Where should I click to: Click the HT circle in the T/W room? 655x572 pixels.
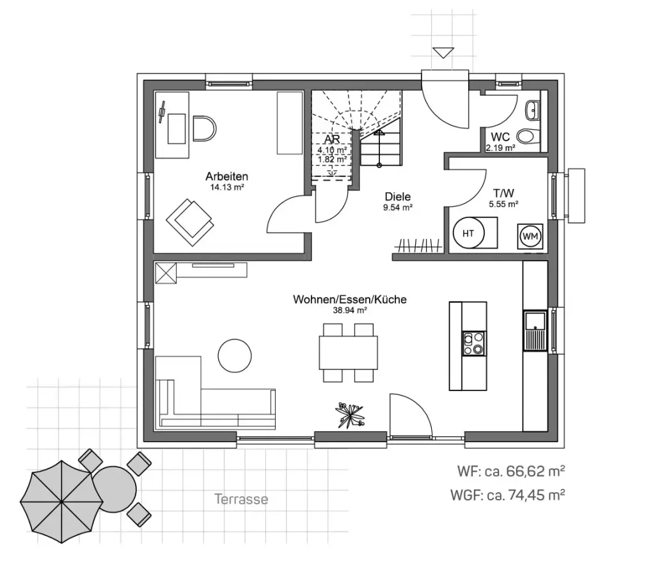468,234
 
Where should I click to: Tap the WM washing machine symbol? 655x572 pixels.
530,236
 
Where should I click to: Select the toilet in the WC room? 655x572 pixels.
526,135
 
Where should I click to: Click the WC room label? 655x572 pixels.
500,137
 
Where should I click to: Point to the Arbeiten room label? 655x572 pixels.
226,176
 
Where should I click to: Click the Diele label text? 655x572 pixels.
398,197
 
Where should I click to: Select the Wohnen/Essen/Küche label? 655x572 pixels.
349,299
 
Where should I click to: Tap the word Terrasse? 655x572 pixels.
241,499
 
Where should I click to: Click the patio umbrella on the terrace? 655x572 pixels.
61,501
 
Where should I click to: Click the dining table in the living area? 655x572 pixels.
348,352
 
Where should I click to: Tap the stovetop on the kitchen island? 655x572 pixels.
474,343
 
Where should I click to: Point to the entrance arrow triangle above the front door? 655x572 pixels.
442,53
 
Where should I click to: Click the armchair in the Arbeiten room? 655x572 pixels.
189,219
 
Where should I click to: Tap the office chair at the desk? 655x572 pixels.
203,128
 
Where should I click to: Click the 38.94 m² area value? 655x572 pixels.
349,310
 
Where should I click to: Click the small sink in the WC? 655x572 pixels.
533,111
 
